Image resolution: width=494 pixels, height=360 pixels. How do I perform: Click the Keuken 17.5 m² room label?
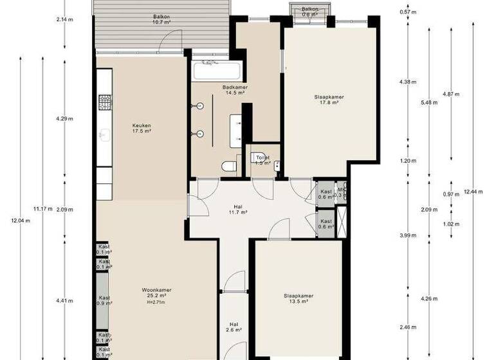[142, 128]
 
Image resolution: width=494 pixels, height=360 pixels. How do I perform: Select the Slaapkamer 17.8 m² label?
[329, 100]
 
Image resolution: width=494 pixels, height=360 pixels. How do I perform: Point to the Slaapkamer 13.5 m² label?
[298, 300]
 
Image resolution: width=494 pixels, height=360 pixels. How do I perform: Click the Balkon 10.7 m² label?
[161, 18]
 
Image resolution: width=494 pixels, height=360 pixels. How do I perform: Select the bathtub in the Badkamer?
[215, 71]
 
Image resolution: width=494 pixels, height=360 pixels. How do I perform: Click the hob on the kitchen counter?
[105, 101]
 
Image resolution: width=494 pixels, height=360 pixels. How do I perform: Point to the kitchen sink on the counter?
[105, 135]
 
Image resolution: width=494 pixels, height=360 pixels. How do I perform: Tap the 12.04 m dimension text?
[20, 221]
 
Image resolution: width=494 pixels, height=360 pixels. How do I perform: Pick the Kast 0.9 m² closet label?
[104, 300]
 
